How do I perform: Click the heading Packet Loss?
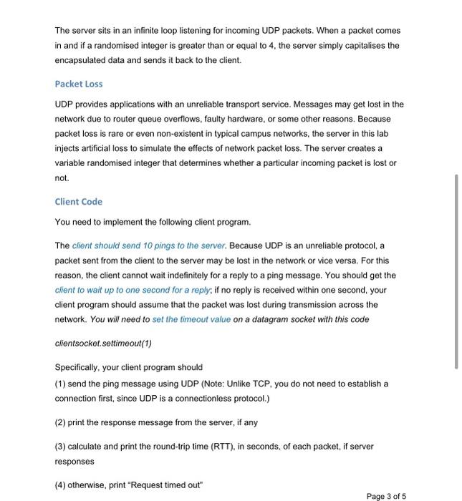pyautogui.click(x=79, y=84)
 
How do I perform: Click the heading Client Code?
pyautogui.click(x=79, y=202)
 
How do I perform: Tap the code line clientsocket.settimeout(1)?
pyautogui.click(x=104, y=343)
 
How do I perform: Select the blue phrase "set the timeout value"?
pyautogui.click(x=192, y=319)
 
